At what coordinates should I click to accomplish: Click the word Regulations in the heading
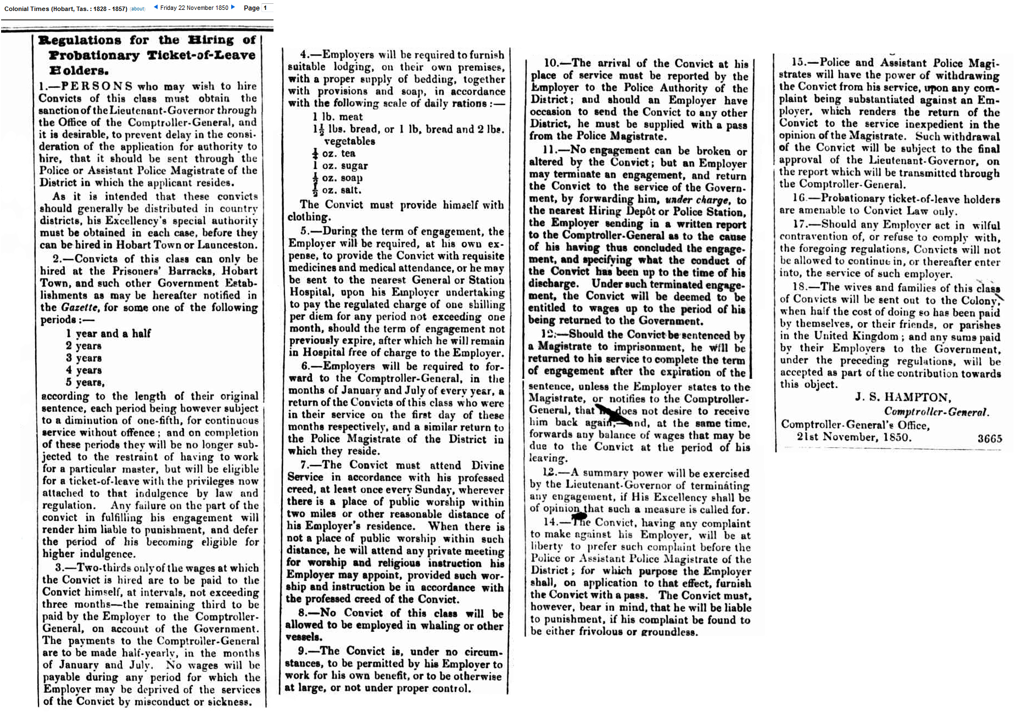(x=80, y=40)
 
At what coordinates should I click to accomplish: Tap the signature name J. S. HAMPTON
(x=902, y=397)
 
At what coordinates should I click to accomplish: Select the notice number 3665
(x=989, y=438)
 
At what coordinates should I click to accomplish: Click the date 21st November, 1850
(x=853, y=438)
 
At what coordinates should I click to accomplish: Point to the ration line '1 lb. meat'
(x=337, y=116)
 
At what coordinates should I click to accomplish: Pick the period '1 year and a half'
(x=108, y=333)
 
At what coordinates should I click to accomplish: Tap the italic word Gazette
(x=80, y=307)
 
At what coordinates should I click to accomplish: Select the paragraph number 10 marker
(x=551, y=63)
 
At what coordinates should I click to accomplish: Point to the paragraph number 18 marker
(x=799, y=287)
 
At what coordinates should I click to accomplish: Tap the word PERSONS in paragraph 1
(x=97, y=86)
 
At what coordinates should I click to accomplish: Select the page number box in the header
(x=266, y=8)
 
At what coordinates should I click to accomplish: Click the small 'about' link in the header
(x=138, y=9)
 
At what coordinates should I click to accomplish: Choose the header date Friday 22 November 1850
(x=194, y=8)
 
